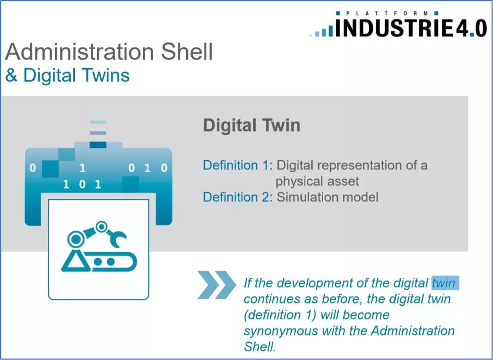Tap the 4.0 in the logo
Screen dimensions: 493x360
click(x=471, y=28)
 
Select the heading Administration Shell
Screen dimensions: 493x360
click(x=109, y=52)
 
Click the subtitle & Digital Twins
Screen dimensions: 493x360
click(x=68, y=76)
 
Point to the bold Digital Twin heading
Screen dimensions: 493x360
click(x=252, y=125)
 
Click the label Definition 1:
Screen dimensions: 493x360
click(x=238, y=165)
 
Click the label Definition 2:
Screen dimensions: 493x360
click(x=238, y=197)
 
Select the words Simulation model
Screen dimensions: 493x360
click(x=327, y=197)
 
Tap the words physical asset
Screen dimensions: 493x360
click(x=317, y=181)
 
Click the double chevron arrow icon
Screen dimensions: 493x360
click(x=217, y=285)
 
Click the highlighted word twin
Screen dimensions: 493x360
click(x=444, y=283)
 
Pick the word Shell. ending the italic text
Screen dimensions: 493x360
click(x=260, y=346)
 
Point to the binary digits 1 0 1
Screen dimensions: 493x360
click(x=82, y=184)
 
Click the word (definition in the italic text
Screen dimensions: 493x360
click(x=273, y=315)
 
